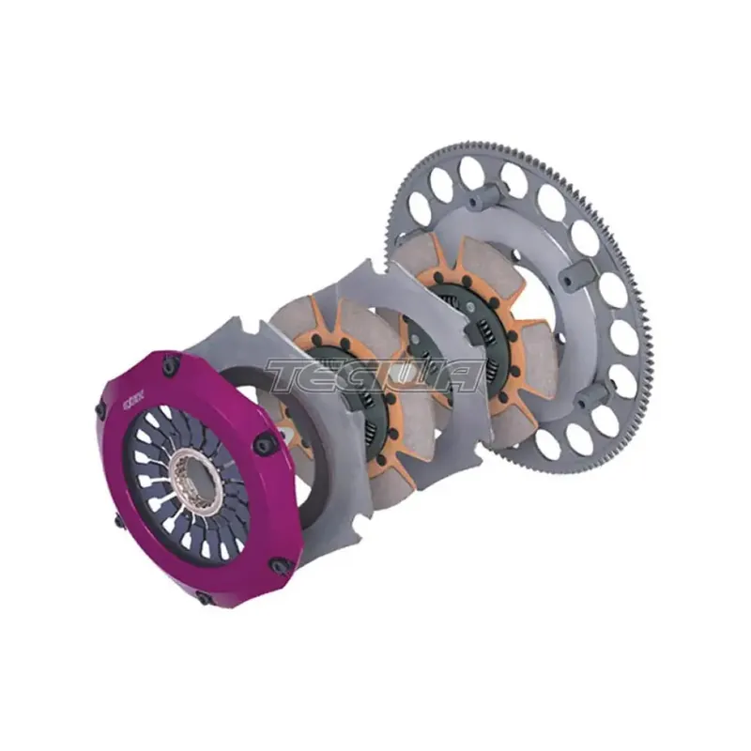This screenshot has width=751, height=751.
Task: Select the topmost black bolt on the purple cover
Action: tap(170, 368)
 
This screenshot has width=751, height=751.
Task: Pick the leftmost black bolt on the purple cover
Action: tap(101, 410)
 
